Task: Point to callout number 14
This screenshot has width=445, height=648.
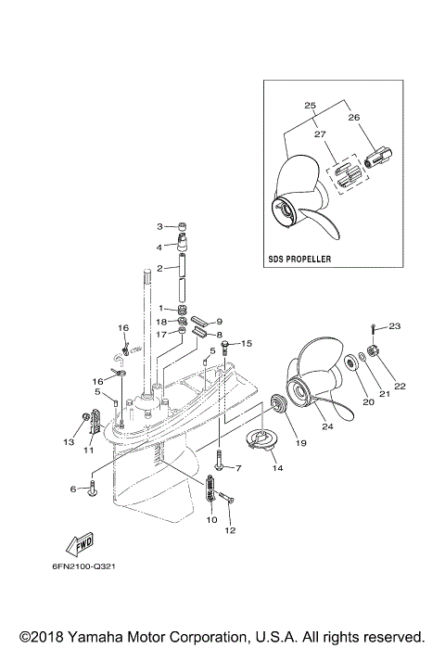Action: (x=277, y=469)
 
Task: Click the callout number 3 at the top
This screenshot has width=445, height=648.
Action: (x=159, y=226)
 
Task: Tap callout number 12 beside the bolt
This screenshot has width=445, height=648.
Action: (x=231, y=531)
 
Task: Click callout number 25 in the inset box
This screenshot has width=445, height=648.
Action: (x=310, y=105)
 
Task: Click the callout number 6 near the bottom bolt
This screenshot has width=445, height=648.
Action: (x=72, y=489)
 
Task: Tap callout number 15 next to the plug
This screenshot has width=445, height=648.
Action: (x=246, y=344)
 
